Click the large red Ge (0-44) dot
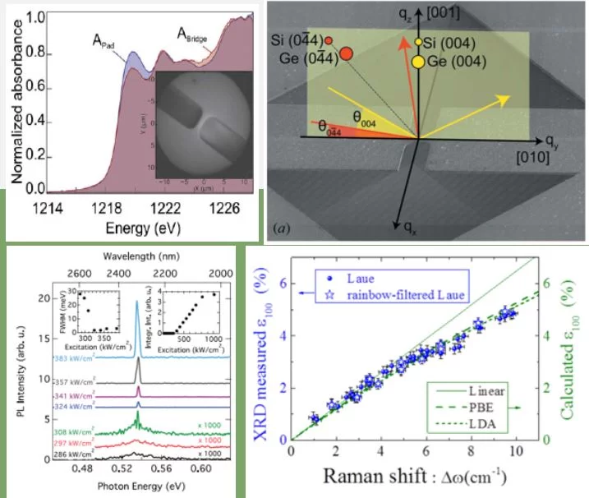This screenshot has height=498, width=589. click(x=347, y=53)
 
